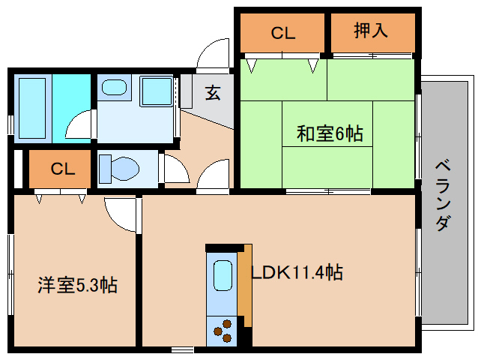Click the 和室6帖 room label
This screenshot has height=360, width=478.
pyautogui.click(x=330, y=134)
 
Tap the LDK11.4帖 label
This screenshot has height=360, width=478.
pyautogui.click(x=297, y=272)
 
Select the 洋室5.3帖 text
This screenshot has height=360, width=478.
pyautogui.click(x=78, y=285)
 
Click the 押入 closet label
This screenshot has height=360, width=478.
pyautogui.click(x=372, y=32)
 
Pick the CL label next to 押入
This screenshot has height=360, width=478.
pyautogui.click(x=283, y=33)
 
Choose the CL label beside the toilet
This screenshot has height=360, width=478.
pyautogui.click(x=64, y=169)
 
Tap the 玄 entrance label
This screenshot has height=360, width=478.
pyautogui.click(x=214, y=93)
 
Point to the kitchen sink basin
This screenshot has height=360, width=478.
pyautogui.click(x=223, y=275)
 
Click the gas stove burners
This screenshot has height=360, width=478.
pyautogui.click(x=223, y=331)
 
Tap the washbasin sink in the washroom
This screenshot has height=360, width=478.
pyautogui.click(x=114, y=88)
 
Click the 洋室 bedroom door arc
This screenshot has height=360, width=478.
pyautogui.click(x=120, y=212)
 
